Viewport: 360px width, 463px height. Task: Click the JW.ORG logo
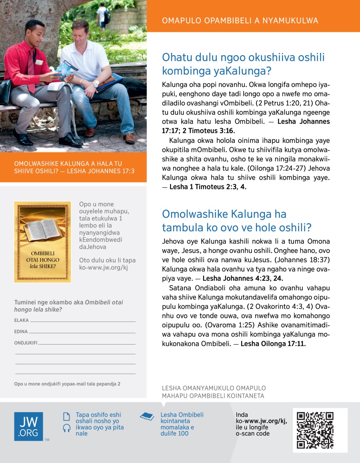pos(28,426)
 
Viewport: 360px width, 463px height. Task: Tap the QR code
pos(315,430)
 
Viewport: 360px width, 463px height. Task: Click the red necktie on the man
pos(31,70)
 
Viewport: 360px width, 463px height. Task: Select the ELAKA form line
pos(82,321)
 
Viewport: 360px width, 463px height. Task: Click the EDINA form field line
pos(82,332)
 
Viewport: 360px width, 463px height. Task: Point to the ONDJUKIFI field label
pos(26,343)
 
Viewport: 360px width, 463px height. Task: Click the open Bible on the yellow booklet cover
pos(42,230)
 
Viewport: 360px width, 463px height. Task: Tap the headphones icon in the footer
pos(67,428)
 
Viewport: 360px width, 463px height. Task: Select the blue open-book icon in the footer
pos(147,417)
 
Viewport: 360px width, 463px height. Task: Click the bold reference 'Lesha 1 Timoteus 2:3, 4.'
pos(208,187)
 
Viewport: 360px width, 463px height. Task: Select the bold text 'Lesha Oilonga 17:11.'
pos(273,343)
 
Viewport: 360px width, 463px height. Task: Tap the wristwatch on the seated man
pos(95,84)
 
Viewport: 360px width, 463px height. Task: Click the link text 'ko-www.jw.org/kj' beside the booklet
pos(104,268)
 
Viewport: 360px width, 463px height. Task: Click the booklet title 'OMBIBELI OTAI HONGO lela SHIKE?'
pos(42,260)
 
